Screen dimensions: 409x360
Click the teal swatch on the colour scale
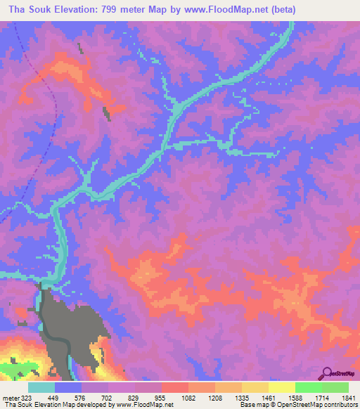pyautogui.click(x=41, y=387)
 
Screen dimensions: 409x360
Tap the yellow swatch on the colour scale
pyautogui.click(x=281, y=387)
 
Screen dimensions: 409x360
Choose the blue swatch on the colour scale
pyautogui.click(x=68, y=387)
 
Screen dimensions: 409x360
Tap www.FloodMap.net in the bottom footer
pyautogui.click(x=137, y=405)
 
